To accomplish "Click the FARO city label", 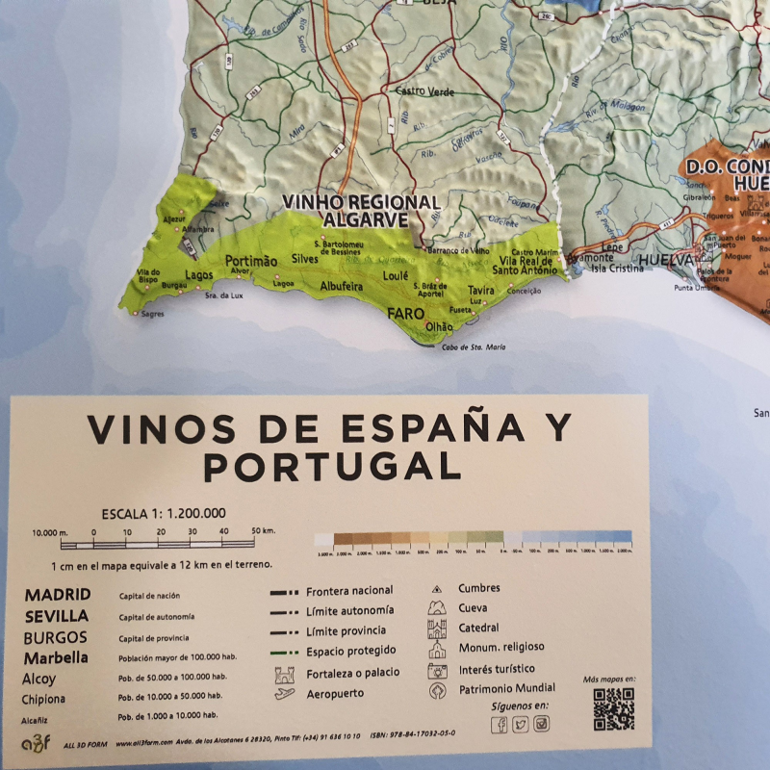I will [405, 313].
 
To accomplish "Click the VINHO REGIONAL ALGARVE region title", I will [360, 212].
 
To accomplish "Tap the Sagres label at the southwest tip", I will [151, 314].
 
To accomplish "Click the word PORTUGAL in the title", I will [332, 467].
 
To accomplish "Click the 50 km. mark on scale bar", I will [264, 530].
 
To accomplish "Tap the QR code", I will [613, 709].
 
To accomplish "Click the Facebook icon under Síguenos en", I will [500, 725].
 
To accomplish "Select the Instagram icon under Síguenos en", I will [542, 725].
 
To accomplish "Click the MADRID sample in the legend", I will [58, 595].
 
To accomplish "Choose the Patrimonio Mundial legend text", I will [506, 688].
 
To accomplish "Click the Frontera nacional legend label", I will [349, 590].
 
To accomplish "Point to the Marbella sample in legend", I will [57, 657].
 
